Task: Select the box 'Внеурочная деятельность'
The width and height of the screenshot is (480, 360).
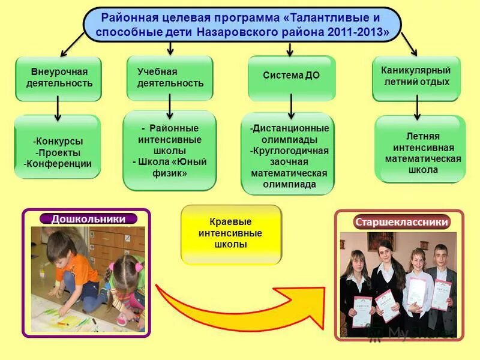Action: tap(58, 78)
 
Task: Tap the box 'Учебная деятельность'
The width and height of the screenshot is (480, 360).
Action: tap(170, 77)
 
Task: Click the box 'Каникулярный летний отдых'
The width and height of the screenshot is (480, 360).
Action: tap(416, 76)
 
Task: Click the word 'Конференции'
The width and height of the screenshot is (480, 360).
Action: tap(58, 163)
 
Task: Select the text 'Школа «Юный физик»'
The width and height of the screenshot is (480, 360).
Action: tap(169, 167)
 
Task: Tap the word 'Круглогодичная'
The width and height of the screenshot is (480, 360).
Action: tap(289, 151)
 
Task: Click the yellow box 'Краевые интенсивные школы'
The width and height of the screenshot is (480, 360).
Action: tap(231, 234)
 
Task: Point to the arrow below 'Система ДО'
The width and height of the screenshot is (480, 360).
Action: tap(291, 106)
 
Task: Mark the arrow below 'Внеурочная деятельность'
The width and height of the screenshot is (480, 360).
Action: tap(58, 108)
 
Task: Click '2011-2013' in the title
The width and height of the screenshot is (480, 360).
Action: tap(354, 32)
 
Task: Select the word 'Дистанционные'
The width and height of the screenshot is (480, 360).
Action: tap(290, 128)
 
